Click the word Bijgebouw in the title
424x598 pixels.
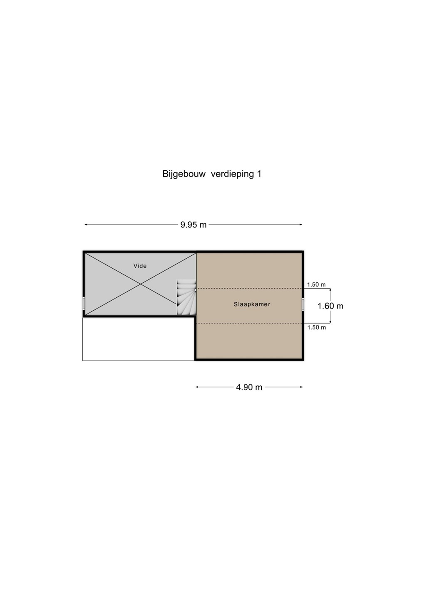(184, 174)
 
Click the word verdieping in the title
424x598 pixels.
(232, 174)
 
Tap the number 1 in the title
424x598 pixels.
(259, 174)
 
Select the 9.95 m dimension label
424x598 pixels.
(193, 225)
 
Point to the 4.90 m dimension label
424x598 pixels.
(249, 387)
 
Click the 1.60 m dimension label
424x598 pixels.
(330, 306)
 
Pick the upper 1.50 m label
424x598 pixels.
(316, 284)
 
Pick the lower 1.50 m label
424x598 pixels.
(317, 327)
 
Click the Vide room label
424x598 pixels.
(140, 266)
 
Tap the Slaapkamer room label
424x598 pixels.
(252, 304)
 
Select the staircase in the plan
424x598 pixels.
(186, 297)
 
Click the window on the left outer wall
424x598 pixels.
(84, 304)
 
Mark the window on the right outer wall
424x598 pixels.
(303, 304)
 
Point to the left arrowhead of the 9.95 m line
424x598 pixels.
(86, 225)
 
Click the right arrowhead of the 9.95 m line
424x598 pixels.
(301, 225)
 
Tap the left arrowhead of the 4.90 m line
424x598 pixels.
(197, 387)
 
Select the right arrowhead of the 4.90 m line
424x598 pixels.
(302, 387)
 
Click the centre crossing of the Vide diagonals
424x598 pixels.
(141, 284)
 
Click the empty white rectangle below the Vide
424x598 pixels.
(138, 339)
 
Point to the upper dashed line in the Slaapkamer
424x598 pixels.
(249, 289)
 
